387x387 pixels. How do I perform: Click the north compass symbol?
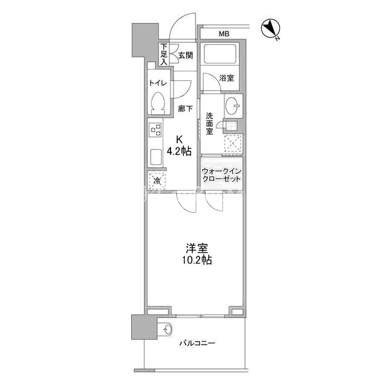point(271,29)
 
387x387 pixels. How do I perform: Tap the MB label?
point(224,34)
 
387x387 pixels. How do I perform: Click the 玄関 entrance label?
point(186,55)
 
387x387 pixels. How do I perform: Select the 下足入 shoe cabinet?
point(164,54)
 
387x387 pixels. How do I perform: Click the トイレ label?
point(158,83)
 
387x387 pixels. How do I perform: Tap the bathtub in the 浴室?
point(220,54)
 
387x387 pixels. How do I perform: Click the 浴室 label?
point(227,78)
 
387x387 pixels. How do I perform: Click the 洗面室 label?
point(210,123)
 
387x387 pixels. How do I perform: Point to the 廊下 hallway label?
point(186,108)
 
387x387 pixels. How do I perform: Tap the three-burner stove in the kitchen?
point(155,130)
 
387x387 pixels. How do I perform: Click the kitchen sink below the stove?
point(156,157)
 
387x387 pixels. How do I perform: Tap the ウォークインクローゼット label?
point(221,175)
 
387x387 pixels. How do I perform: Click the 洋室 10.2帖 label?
point(197,254)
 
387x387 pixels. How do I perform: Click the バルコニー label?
point(197,343)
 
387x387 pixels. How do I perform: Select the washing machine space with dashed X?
point(233,144)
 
